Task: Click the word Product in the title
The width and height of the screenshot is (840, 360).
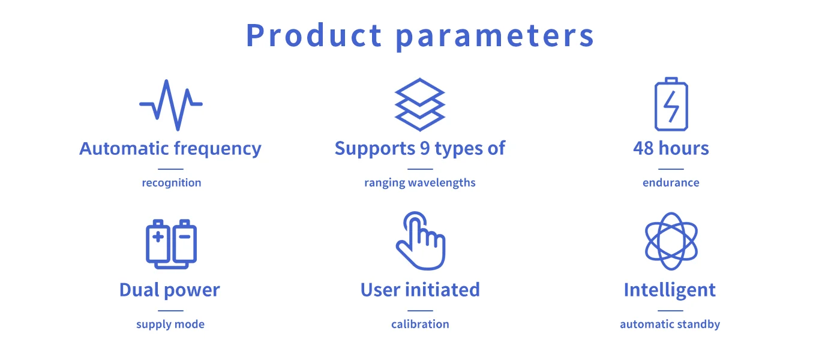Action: [x=314, y=35]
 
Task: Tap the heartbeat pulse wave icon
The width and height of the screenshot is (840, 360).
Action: [x=171, y=106]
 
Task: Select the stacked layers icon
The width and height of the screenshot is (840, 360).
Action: [x=420, y=104]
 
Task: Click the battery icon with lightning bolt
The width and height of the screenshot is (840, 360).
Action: [x=671, y=104]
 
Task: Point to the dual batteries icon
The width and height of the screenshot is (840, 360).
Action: [x=171, y=244]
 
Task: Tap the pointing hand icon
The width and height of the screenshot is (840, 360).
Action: [x=421, y=241]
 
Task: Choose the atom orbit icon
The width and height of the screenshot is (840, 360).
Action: [x=671, y=241]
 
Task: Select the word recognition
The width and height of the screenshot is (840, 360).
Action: [x=172, y=182]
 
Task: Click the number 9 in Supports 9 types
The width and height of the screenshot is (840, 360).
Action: [x=425, y=149]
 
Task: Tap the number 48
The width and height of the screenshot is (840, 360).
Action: [x=643, y=149]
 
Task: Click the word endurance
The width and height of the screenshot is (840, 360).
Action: [x=671, y=182]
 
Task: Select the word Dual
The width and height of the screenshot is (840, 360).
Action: [x=139, y=290]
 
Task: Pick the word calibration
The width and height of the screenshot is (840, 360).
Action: [x=420, y=324]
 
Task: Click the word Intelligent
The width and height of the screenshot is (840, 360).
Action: [x=670, y=290]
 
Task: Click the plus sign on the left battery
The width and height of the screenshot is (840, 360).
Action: [x=158, y=236]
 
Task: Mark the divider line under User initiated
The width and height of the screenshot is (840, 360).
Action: [x=420, y=311]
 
